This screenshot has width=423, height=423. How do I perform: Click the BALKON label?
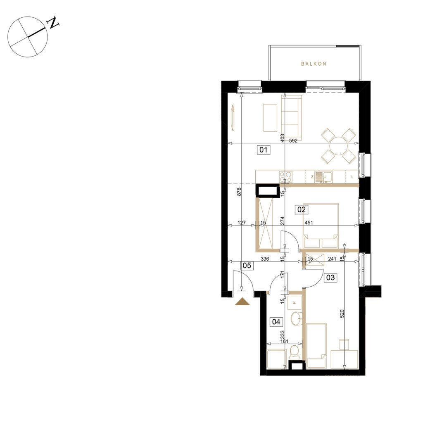tap(314, 64)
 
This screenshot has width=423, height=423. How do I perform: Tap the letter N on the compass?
tap(53, 23)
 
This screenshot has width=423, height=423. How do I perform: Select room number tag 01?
tap(263, 150)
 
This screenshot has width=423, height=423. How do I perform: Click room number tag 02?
tap(301, 209)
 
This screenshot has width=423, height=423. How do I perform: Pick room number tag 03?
tap(330, 277)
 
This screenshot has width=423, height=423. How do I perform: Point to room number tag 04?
tap(276, 321)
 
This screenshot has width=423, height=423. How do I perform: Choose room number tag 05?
tap(247, 266)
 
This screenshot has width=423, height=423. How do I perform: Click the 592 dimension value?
tap(293, 140)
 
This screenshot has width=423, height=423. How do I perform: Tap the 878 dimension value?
tap(239, 192)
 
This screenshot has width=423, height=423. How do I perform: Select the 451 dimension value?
tap(309, 223)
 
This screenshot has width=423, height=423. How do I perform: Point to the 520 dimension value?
tap(342, 314)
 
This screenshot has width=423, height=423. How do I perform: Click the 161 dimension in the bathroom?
tap(284, 341)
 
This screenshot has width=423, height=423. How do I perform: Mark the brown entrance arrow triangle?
tap(242, 301)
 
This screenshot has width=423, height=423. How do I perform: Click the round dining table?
tap(338, 146)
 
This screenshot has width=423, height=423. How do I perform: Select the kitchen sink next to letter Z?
tap(324, 177)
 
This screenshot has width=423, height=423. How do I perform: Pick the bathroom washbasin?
tap(297, 318)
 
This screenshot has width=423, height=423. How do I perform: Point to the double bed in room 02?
tap(321, 226)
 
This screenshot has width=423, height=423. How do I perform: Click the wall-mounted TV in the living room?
tap(233, 118)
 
